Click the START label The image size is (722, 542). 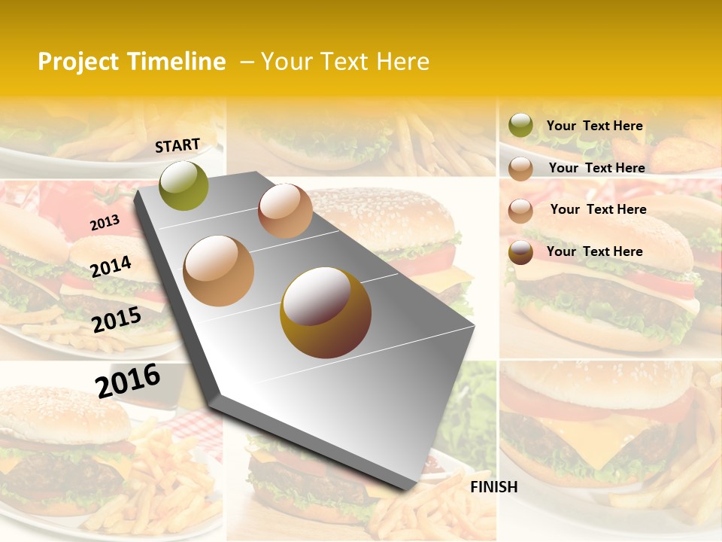(x=177, y=145)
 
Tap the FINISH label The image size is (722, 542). (x=493, y=487)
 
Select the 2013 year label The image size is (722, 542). (x=105, y=223)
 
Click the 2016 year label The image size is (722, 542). (x=128, y=380)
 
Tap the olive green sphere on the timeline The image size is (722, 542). (x=184, y=185)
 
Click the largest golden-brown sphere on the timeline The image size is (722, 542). (x=325, y=312)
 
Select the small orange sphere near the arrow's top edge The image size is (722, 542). (x=285, y=210)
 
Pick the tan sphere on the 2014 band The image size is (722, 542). (x=218, y=270)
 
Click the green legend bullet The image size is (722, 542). (x=520, y=125)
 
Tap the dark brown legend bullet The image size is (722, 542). (x=520, y=252)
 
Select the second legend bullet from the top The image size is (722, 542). (x=520, y=169)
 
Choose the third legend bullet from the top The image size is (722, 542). (x=520, y=210)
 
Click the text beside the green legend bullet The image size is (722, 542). (x=594, y=126)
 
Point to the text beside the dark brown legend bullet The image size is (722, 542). (x=594, y=251)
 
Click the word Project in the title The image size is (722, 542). (x=78, y=62)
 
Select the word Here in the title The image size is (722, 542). (x=402, y=62)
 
